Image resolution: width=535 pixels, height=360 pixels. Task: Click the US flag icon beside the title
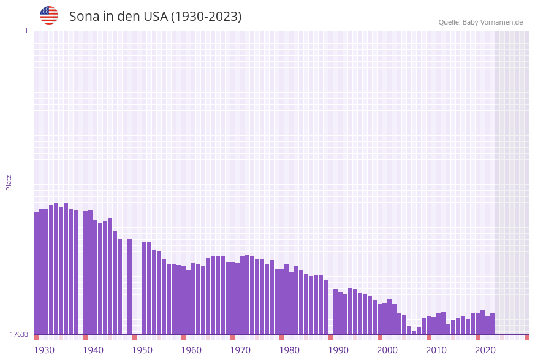pyautogui.click(x=49, y=15)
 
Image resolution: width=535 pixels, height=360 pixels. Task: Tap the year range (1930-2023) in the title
pyautogui.click(x=206, y=17)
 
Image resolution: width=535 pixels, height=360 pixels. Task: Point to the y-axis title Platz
pyautogui.click(x=9, y=182)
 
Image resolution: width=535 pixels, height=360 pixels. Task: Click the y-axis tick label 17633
pyautogui.click(x=18, y=334)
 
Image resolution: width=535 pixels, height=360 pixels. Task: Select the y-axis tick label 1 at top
pyautogui.click(x=26, y=31)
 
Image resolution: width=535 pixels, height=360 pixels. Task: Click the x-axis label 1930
pyautogui.click(x=44, y=350)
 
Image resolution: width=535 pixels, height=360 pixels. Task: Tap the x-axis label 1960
pyautogui.click(x=191, y=350)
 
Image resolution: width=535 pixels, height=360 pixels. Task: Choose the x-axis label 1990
pyautogui.click(x=338, y=350)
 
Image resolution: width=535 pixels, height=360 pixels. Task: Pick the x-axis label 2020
pyautogui.click(x=485, y=350)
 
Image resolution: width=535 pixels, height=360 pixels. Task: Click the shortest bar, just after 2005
pyautogui.click(x=414, y=332)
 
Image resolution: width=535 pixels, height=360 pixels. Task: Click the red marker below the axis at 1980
pyautogui.click(x=282, y=337)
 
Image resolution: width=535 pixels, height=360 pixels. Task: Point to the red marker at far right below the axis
pyautogui.click(x=526, y=337)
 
